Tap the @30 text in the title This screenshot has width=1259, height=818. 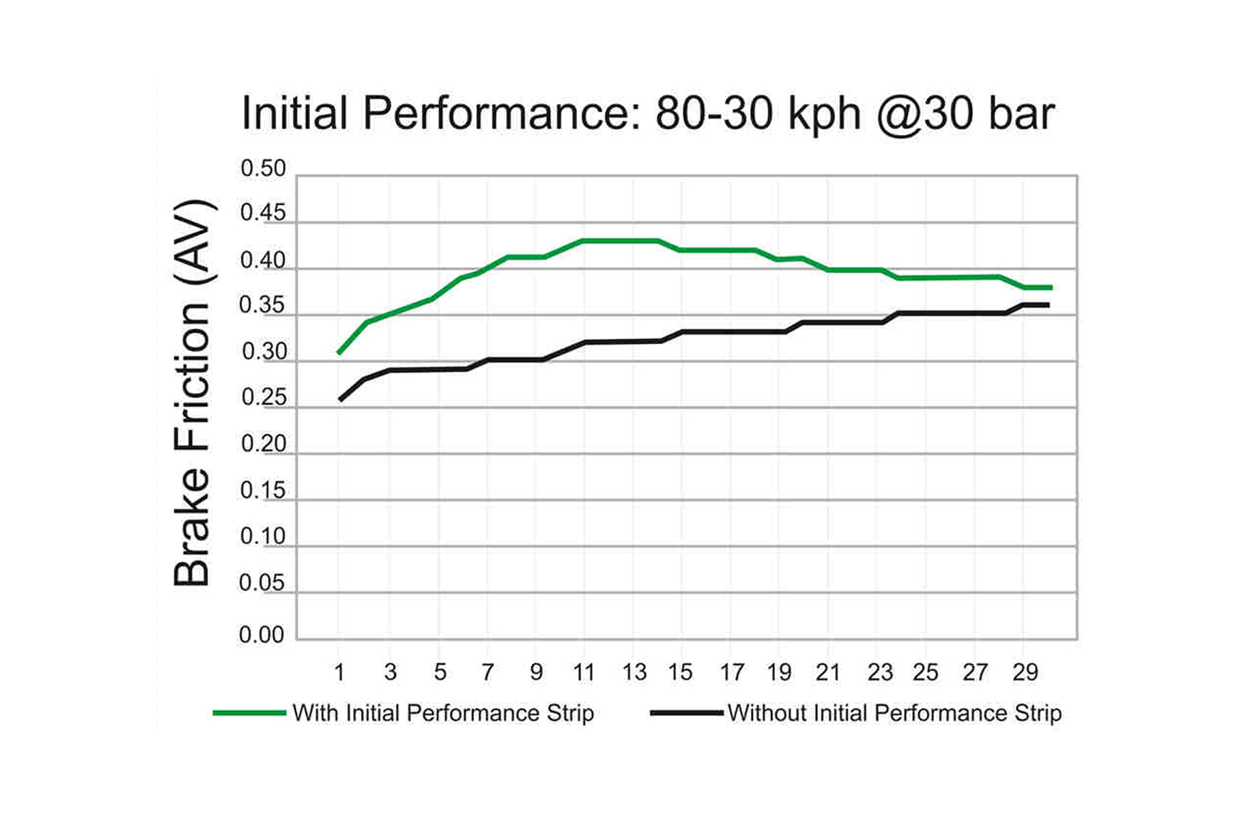click(924, 114)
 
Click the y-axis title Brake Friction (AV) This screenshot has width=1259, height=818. click(193, 393)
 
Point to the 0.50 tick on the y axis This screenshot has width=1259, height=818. click(263, 168)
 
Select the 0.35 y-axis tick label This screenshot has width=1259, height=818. click(262, 305)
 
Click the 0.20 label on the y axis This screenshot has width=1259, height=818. click(263, 444)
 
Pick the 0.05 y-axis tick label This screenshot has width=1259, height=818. click(262, 583)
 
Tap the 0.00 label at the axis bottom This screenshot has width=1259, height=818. click(262, 635)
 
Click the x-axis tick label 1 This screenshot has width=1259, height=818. click(339, 672)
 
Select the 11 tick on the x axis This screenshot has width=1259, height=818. click(584, 672)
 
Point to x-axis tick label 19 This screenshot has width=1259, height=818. click(779, 672)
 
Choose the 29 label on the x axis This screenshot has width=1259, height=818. click(1024, 672)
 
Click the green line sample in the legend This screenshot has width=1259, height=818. click(249, 713)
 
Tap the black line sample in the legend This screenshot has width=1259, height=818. click(686, 713)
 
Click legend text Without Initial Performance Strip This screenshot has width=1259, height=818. click(894, 713)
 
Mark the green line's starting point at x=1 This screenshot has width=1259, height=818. click(340, 352)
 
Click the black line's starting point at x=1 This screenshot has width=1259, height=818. click(340, 400)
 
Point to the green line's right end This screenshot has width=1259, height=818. click(1051, 287)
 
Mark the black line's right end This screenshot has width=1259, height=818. click(1048, 305)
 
